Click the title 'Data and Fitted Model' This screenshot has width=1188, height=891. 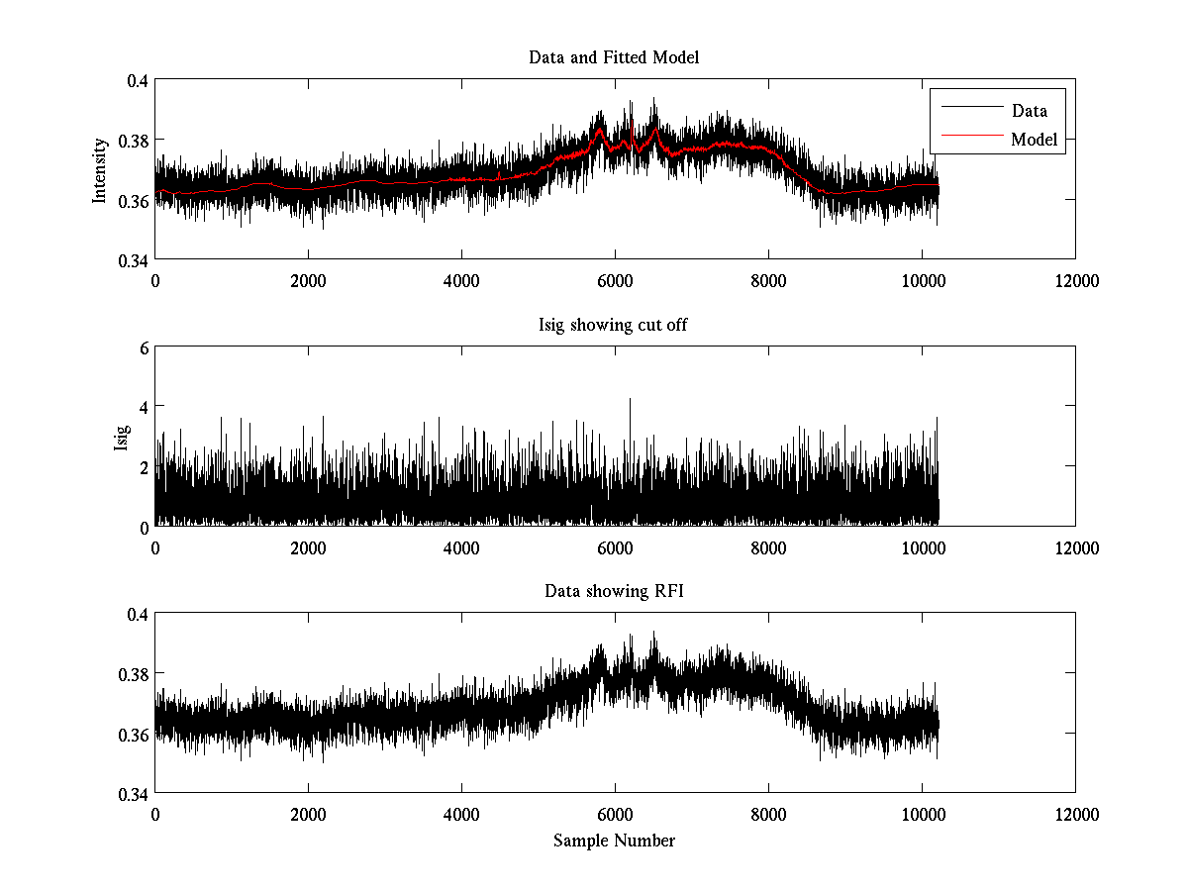pyautogui.click(x=614, y=57)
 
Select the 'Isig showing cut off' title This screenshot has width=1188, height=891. pyautogui.click(x=614, y=325)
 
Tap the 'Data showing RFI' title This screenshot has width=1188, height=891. pyautogui.click(x=614, y=591)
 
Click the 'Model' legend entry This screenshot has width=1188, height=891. pyautogui.click(x=1034, y=140)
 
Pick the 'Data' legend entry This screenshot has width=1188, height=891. pyautogui.click(x=1029, y=110)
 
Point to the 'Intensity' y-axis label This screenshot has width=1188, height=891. pyautogui.click(x=99, y=170)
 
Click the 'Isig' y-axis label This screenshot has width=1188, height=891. pyautogui.click(x=121, y=437)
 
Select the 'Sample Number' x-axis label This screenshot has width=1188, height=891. pyautogui.click(x=614, y=841)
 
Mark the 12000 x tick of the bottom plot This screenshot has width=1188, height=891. pyautogui.click(x=1075, y=814)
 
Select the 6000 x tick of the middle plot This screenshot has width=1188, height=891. pyautogui.click(x=615, y=547)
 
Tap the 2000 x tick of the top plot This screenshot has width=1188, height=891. pyautogui.click(x=308, y=280)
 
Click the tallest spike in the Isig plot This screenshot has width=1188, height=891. pyautogui.click(x=630, y=400)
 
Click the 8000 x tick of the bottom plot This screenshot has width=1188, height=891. pyautogui.click(x=768, y=814)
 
